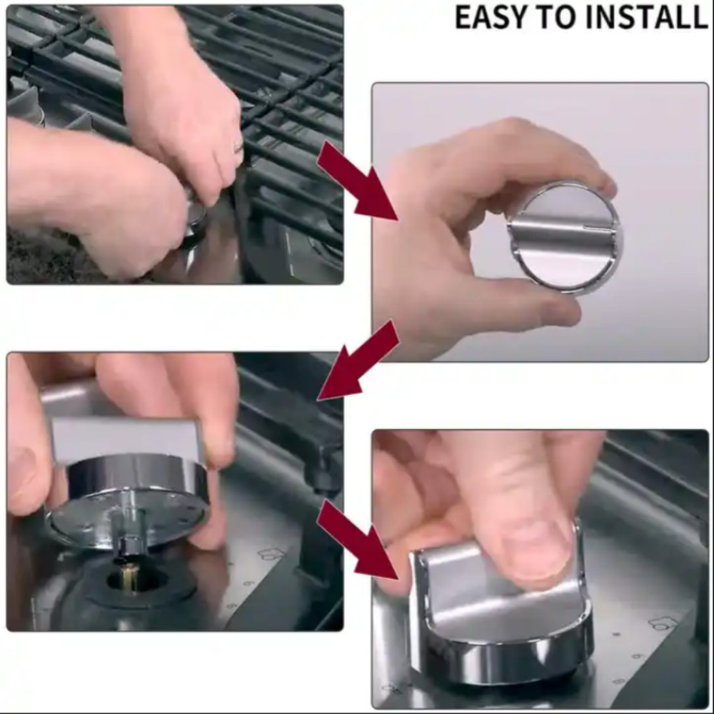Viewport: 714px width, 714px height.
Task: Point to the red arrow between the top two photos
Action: [358, 181]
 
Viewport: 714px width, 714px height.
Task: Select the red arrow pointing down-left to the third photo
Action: [358, 360]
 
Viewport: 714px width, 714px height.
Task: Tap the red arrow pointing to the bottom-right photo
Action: [358, 539]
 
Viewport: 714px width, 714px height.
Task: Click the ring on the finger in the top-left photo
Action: [238, 147]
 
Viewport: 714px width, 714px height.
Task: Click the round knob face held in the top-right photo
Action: [565, 237]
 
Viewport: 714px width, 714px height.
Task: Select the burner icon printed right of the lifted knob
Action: [271, 554]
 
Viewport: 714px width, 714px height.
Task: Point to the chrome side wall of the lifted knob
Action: [136, 475]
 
